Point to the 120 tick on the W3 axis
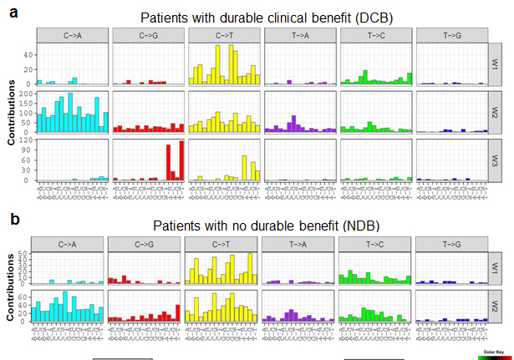click(28, 140)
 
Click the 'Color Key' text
click(493, 352)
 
